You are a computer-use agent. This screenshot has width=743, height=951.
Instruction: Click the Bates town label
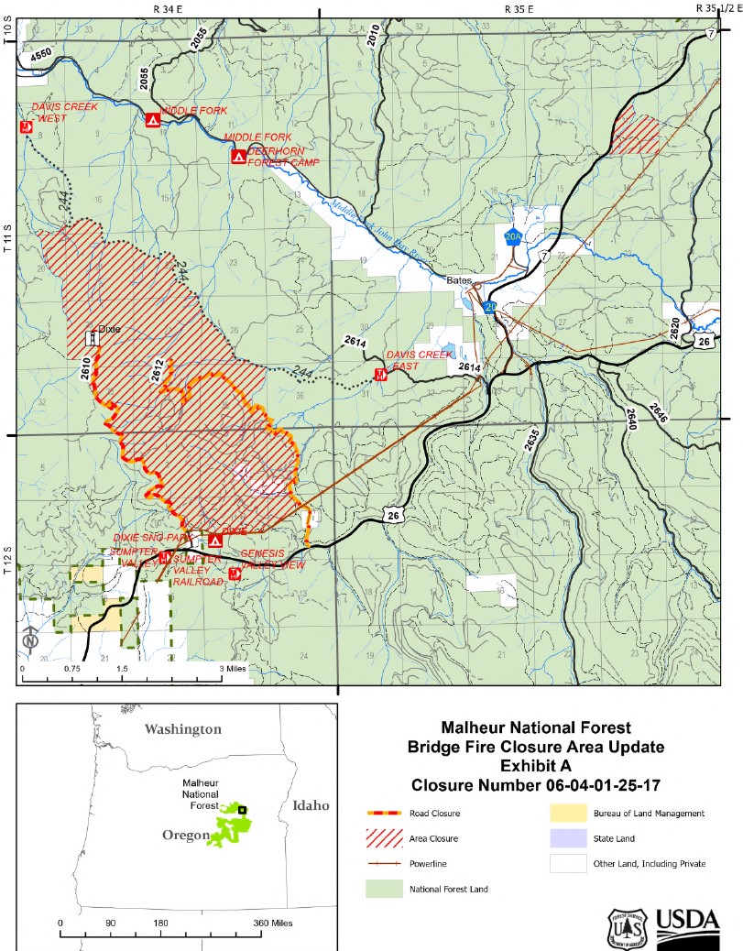coord(459,280)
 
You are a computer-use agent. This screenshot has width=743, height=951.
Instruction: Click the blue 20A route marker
coord(513,236)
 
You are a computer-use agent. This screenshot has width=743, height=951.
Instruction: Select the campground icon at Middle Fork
coord(153,119)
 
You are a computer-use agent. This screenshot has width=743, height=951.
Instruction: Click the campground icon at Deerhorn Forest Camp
coord(238,157)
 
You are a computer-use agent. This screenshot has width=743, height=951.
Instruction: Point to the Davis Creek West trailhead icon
coord(26,127)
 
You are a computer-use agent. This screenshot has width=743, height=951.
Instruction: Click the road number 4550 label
coord(41,55)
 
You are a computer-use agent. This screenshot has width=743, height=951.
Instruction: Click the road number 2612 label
coord(157,369)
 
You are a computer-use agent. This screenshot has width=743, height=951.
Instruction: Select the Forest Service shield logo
coord(630,926)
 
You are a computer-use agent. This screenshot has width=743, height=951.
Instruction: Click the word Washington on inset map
coord(183,729)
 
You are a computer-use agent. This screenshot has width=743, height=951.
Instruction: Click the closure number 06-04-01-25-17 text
coord(536,785)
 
